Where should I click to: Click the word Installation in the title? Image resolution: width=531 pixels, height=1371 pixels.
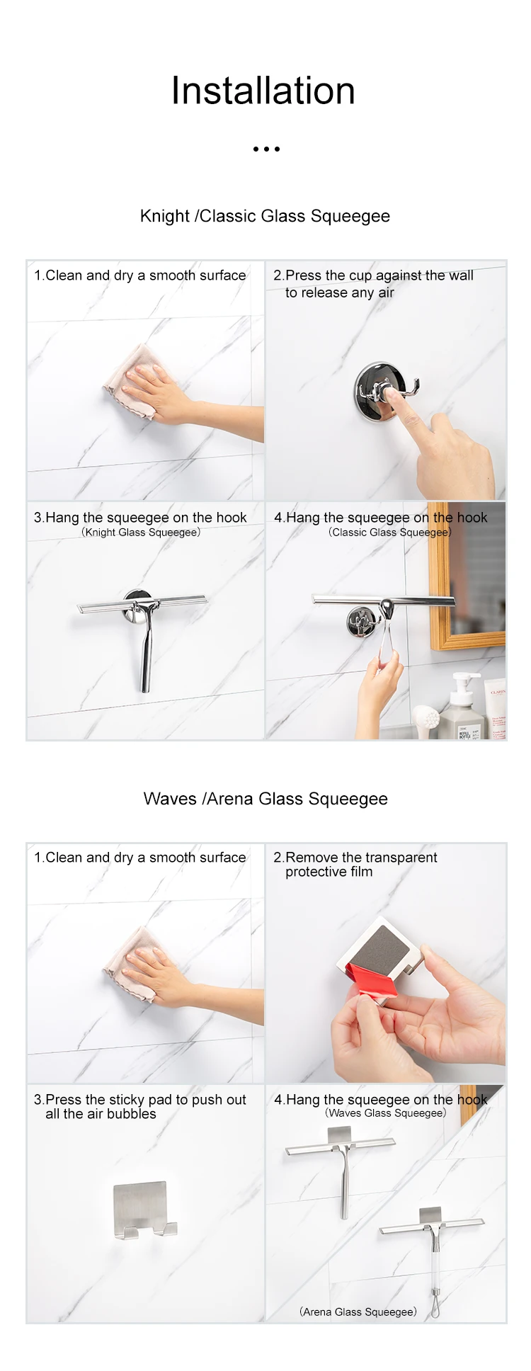coord(263,91)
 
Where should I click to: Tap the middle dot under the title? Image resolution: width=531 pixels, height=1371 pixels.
coord(266,149)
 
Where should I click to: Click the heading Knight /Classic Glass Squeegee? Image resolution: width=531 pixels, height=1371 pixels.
coord(265,216)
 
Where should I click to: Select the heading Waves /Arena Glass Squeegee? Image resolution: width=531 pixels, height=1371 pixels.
coord(265,799)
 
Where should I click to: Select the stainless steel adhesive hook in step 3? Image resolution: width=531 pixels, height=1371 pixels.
coord(144,1210)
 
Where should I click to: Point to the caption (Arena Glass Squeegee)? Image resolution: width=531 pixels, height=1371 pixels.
coord(358,1312)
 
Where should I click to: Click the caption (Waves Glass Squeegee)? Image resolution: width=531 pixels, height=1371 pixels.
coord(386,1113)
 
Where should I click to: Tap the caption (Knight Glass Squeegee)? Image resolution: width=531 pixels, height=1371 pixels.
coord(141,532)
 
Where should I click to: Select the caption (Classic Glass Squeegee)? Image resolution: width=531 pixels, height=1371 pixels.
coord(389,532)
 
